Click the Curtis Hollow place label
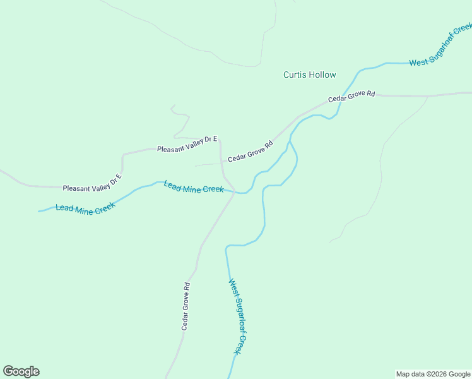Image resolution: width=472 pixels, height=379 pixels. pyautogui.click(x=309, y=75)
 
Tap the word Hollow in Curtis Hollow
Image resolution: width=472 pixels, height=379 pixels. pyautogui.click(x=322, y=75)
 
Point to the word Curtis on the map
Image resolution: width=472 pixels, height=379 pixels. pyautogui.click(x=295, y=75)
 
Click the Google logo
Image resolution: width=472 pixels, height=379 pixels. pyautogui.click(x=21, y=371)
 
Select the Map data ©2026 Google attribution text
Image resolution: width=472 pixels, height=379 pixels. pyautogui.click(x=433, y=374)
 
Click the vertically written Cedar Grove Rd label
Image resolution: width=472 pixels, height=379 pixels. pyautogui.click(x=186, y=306)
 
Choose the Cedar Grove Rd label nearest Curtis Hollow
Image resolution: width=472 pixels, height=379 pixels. pyautogui.click(x=351, y=97)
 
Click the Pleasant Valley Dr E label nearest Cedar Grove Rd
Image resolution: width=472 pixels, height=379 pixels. pyautogui.click(x=187, y=143)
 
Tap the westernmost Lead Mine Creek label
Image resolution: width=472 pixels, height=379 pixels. pyautogui.click(x=85, y=209)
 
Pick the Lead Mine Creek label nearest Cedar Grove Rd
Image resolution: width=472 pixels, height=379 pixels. pyautogui.click(x=193, y=187)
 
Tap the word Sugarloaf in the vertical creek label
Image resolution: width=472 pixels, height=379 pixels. pyautogui.click(x=238, y=322)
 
